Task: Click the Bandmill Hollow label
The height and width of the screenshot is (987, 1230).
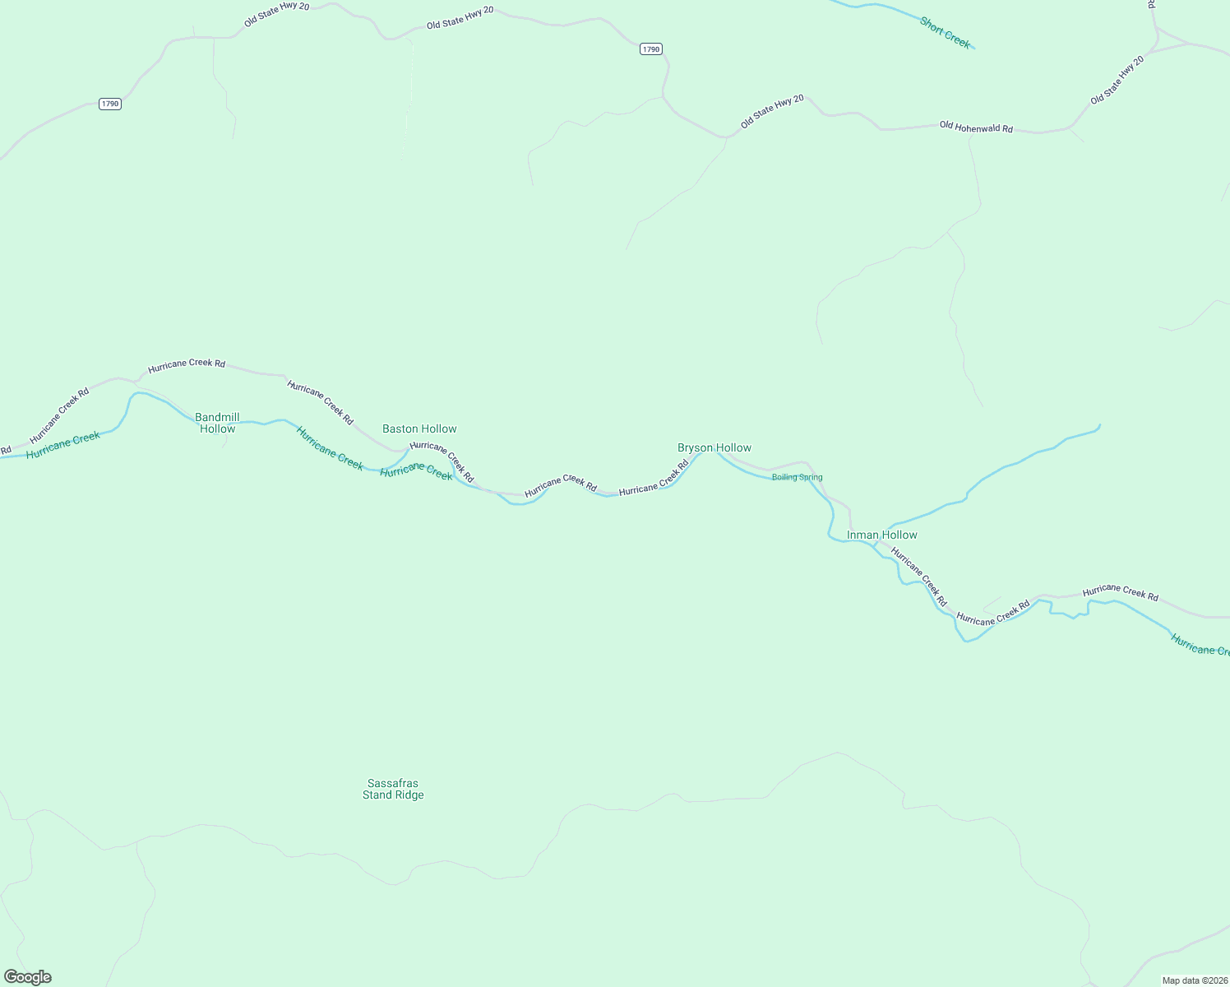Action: tap(217, 423)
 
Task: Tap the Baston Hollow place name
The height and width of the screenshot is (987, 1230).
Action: tap(419, 429)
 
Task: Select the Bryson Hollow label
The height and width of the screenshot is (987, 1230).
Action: tap(714, 447)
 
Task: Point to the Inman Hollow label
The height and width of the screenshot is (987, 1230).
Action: tap(881, 535)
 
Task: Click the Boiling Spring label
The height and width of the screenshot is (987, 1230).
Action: tap(797, 477)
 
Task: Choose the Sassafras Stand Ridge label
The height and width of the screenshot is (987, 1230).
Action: tap(393, 789)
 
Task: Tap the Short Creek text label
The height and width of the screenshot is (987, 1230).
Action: tap(945, 33)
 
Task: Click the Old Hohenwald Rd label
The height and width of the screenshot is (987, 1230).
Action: tap(976, 127)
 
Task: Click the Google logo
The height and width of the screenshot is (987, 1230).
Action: tap(27, 977)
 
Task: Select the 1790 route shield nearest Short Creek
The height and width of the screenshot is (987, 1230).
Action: tap(650, 49)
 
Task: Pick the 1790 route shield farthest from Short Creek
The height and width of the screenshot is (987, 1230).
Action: tap(110, 104)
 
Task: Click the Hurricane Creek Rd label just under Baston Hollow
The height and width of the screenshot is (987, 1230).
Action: tap(442, 461)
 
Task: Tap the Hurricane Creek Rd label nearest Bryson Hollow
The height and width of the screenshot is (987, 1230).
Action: tap(654, 478)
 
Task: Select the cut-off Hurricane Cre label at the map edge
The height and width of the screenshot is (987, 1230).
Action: tap(1200, 646)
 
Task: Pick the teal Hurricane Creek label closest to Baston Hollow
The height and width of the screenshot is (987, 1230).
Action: tap(416, 471)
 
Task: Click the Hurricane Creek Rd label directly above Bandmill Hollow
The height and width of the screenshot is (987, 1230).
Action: tap(187, 363)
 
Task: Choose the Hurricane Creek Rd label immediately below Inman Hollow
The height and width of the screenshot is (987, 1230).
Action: tap(919, 577)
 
